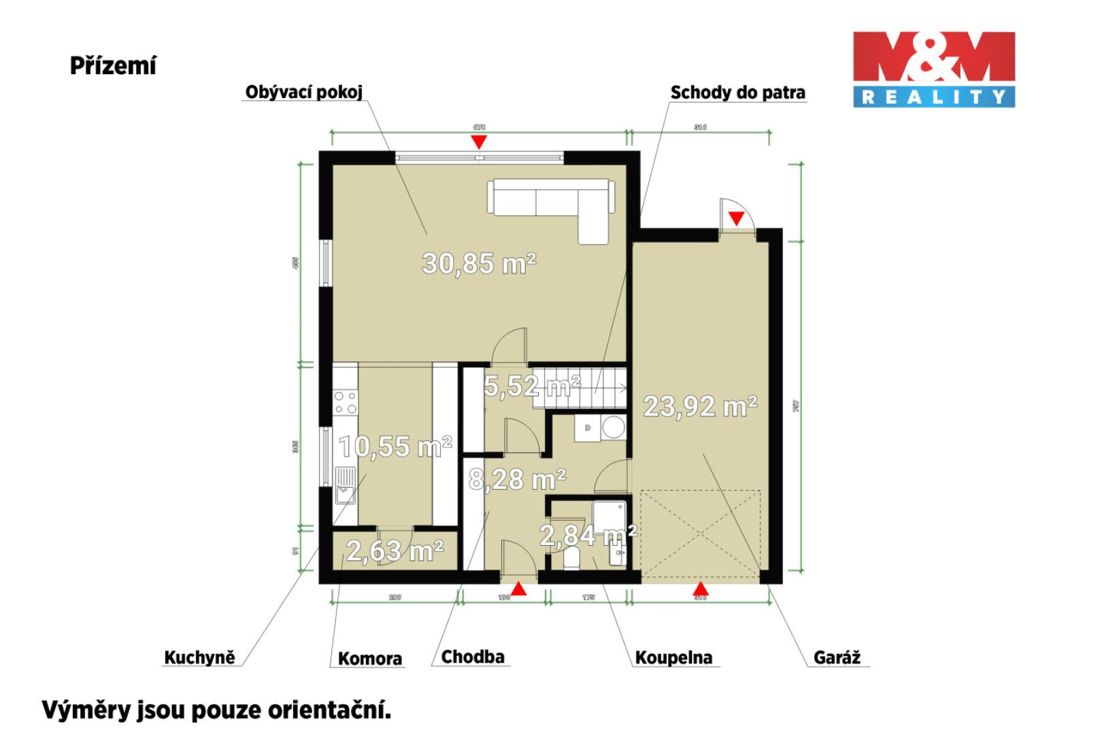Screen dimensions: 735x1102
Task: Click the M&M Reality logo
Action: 933,69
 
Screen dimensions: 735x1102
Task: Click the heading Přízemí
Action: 113,66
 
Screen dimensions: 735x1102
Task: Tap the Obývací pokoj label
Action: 303,92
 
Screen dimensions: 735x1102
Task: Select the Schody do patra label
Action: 737,92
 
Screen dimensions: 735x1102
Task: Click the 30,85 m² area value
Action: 479,263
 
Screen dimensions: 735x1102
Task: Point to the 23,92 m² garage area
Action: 700,406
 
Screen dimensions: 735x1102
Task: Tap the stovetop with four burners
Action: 345,402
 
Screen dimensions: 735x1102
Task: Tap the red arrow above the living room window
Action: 480,142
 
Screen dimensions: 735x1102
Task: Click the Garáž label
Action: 837,657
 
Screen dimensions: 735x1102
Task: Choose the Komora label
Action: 369,658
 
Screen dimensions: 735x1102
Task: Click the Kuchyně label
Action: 199,657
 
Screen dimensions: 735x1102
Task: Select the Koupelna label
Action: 673,657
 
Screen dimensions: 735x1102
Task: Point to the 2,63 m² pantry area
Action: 395,550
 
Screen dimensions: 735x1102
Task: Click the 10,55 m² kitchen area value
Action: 395,446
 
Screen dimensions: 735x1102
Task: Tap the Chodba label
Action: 472,657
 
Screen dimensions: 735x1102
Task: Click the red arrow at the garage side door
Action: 736,218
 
